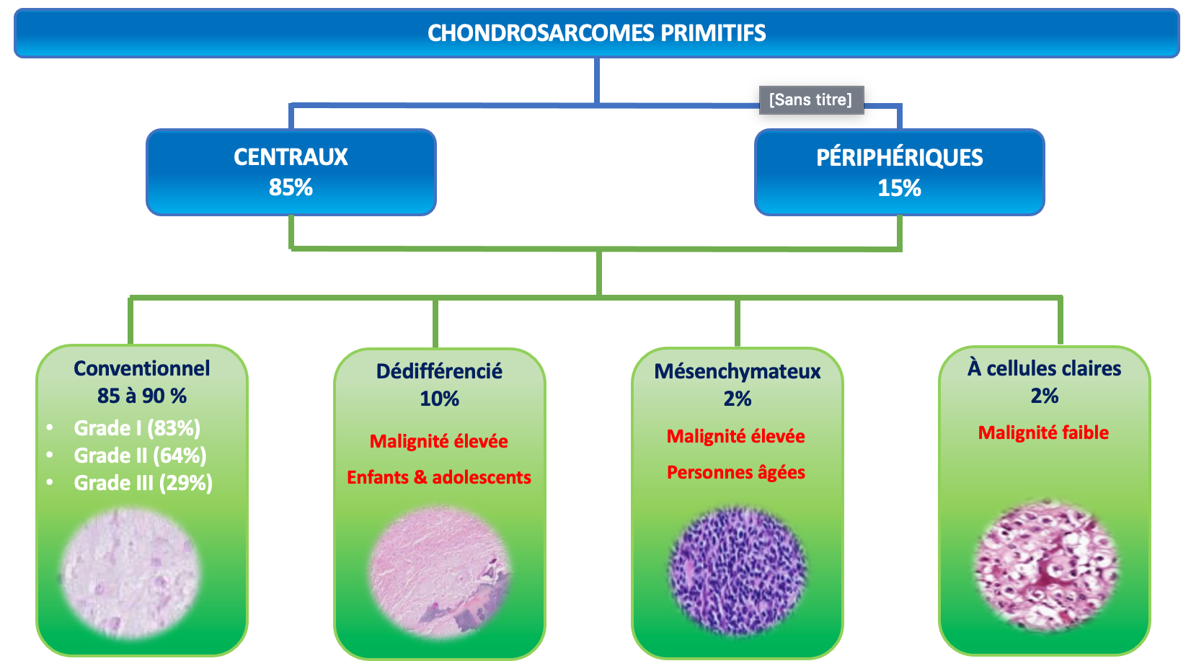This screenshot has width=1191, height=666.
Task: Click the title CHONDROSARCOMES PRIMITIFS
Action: coord(596,33)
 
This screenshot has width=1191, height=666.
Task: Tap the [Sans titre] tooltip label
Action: coord(811,99)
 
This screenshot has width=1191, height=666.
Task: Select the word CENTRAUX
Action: coord(291,157)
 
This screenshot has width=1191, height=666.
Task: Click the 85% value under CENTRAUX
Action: coord(291,187)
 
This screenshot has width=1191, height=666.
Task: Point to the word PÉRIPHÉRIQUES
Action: coord(900,158)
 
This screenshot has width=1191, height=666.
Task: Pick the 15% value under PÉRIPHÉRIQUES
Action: coord(899,188)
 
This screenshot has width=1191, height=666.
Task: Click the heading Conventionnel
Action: coord(142,368)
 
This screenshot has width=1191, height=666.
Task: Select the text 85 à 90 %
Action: coord(142,396)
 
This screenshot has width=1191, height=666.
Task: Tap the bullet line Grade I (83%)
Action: coord(137,428)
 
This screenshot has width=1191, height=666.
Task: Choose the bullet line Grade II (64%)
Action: coord(141,456)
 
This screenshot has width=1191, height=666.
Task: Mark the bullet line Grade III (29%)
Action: coord(143,483)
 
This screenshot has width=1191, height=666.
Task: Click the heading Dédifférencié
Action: coord(439,371)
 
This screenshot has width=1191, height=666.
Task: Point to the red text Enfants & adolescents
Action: coord(439,477)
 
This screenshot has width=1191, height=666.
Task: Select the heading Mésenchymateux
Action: coord(738,371)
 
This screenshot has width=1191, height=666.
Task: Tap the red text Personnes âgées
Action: coord(736,473)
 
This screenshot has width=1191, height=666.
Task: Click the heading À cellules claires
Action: coord(1044,368)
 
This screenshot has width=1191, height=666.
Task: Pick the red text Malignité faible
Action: coord(1044,432)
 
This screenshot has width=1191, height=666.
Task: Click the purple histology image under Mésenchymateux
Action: coord(738,570)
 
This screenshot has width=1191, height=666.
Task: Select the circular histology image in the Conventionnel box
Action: coord(130,573)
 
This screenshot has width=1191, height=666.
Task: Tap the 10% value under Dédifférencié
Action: coord(439,399)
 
